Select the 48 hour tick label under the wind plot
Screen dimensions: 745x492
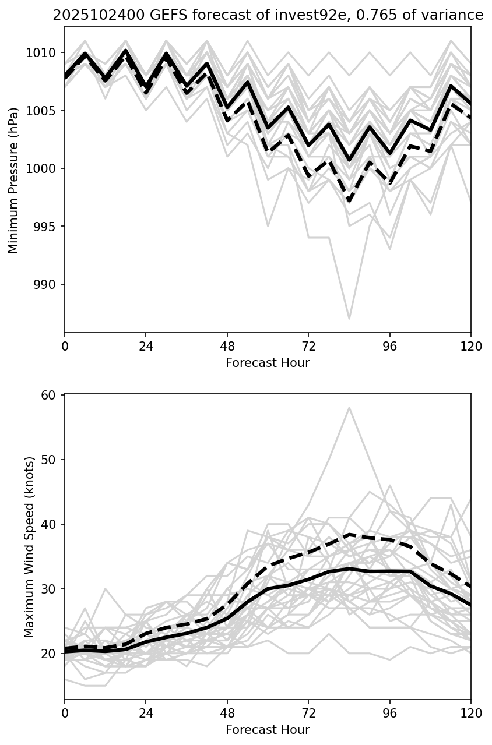tap(227, 714)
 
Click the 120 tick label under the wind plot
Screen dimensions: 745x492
tap(470, 714)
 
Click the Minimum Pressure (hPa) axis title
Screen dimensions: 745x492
tap(14, 180)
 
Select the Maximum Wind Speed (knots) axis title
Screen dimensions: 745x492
tap(30, 547)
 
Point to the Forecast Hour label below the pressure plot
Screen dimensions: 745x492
tap(268, 363)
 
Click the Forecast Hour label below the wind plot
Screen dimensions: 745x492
tap(268, 730)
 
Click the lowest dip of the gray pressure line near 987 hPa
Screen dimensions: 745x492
tap(349, 319)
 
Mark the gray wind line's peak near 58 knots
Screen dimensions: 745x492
tap(349, 408)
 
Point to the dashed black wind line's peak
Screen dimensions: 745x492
tap(349, 534)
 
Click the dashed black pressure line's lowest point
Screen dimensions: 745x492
tap(349, 201)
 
